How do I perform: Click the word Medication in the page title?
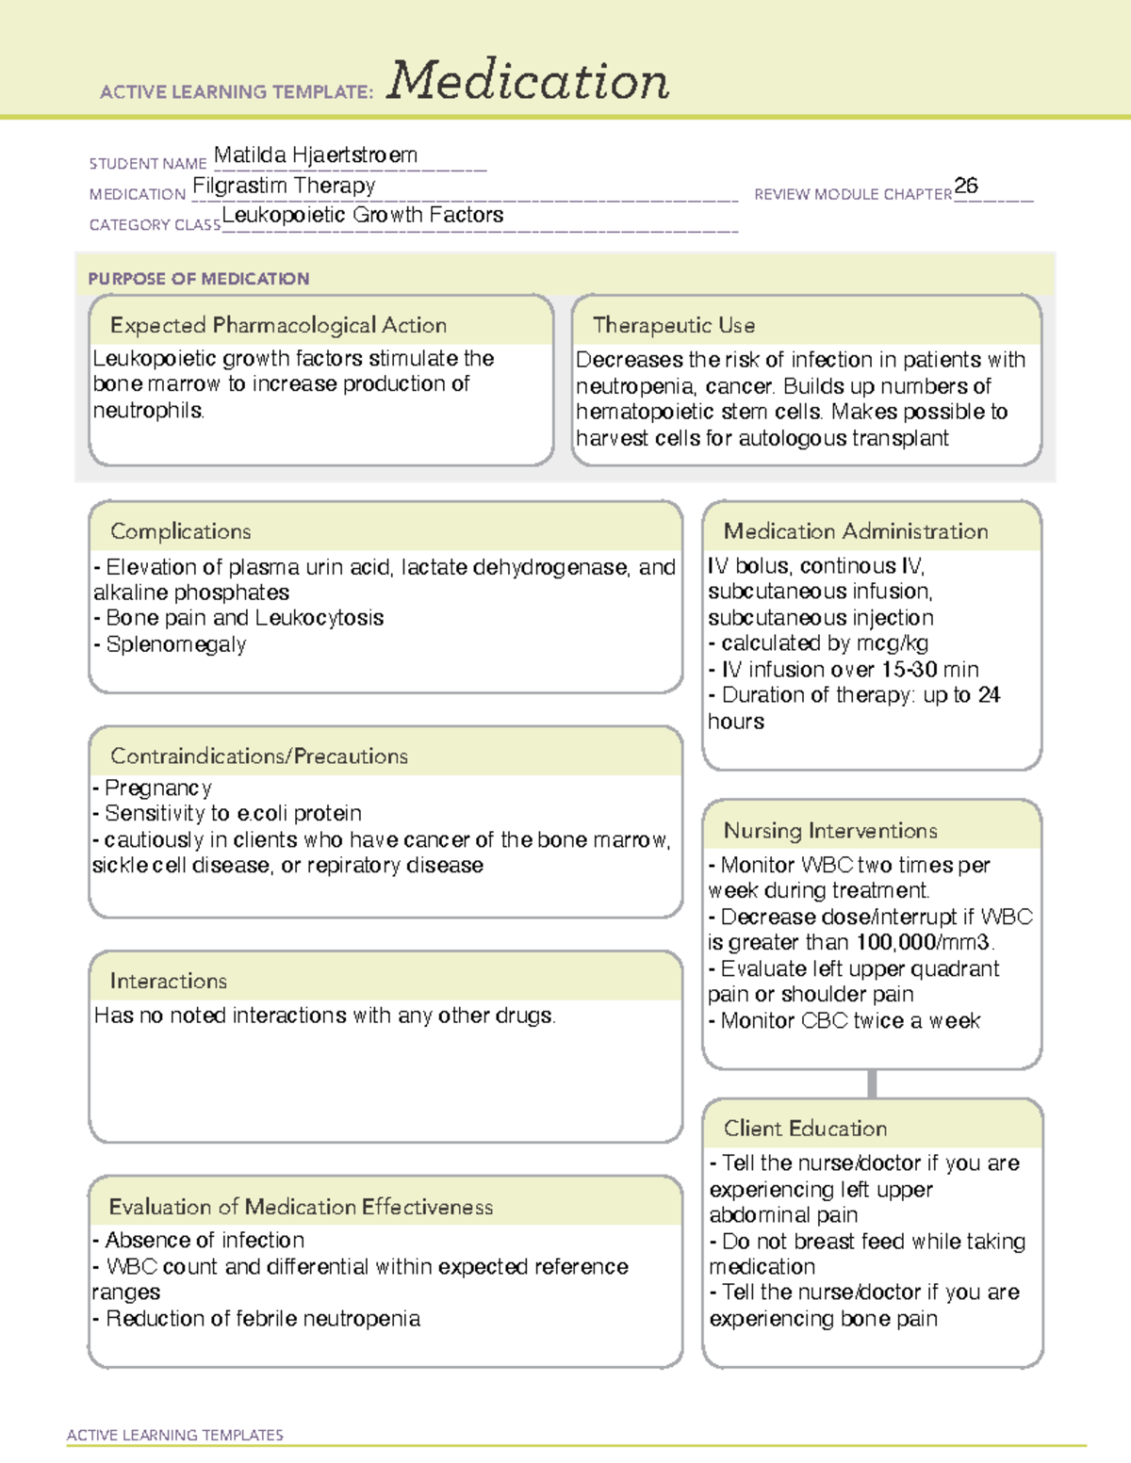[528, 81]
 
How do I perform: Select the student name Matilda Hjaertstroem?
[316, 155]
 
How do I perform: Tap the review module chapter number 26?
[966, 186]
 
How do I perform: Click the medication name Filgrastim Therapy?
[284, 186]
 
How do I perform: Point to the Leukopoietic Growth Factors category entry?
[363, 216]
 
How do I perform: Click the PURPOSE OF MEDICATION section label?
[198, 279]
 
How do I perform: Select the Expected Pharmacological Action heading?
[278, 325]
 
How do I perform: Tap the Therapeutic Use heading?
[674, 325]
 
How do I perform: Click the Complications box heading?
[180, 531]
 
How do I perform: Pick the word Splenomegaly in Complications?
[176, 644]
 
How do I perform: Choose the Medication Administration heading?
[856, 531]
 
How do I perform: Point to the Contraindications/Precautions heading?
[259, 756]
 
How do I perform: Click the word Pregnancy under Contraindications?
[158, 788]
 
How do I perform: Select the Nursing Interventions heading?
[830, 830]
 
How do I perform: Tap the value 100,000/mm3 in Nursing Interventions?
[924, 943]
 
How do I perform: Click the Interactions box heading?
[168, 981]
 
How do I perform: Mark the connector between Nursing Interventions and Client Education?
[872, 1083]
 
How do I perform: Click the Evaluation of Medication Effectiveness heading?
[301, 1207]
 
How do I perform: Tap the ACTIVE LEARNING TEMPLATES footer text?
[175, 1435]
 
